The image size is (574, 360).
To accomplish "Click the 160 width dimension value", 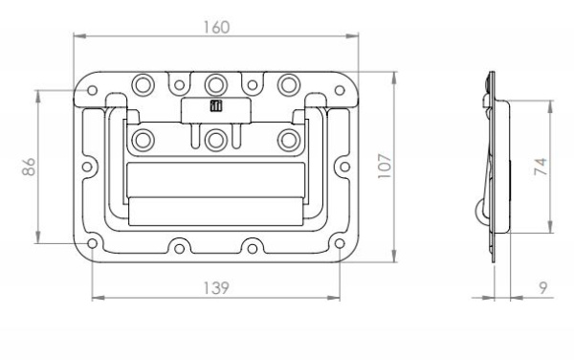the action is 216,28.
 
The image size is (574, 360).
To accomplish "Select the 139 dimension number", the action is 216,288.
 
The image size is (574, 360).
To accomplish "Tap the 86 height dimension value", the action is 29,167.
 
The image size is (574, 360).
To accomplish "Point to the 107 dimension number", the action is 385,167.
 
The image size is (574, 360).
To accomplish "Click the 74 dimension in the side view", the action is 541,167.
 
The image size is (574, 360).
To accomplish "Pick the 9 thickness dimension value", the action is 543,288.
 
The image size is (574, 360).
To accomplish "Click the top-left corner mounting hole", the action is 92,90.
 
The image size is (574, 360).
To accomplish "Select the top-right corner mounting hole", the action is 340,90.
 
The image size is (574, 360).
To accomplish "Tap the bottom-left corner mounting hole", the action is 92,243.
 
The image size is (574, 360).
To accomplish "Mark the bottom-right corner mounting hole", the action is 340,243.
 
